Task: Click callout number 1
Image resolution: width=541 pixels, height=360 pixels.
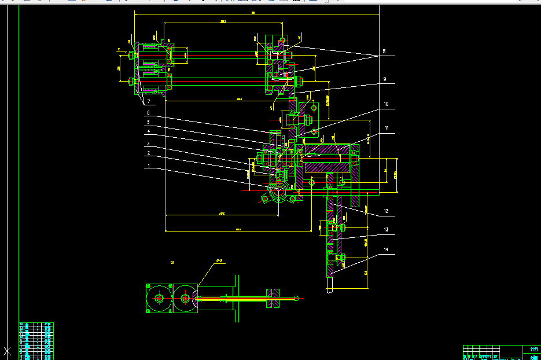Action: (x=149, y=166)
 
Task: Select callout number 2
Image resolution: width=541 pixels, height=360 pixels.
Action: (x=149, y=153)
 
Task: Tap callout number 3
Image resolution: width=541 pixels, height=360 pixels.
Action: (x=149, y=144)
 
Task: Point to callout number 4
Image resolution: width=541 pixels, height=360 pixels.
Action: (x=149, y=131)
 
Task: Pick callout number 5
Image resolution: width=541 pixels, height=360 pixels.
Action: (x=149, y=122)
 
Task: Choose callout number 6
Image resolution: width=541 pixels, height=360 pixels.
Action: (x=149, y=113)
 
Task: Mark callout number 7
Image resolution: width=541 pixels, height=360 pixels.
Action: (x=149, y=101)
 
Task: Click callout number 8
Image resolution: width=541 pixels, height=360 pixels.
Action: (x=384, y=52)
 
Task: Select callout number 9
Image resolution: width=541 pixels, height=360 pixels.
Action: (x=384, y=79)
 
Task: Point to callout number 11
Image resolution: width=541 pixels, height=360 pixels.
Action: (x=386, y=128)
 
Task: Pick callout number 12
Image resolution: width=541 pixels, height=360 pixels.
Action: (x=385, y=211)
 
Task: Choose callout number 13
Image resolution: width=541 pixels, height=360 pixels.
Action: (x=385, y=230)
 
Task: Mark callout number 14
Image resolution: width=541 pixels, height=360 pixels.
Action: (x=385, y=250)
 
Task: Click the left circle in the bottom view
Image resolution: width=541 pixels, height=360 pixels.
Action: (x=159, y=299)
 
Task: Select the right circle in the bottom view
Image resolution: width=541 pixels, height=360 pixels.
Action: (x=185, y=299)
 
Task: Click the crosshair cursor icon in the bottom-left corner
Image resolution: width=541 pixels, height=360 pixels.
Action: (x=8, y=351)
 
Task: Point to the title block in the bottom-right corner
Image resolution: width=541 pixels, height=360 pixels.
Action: (x=501, y=352)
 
